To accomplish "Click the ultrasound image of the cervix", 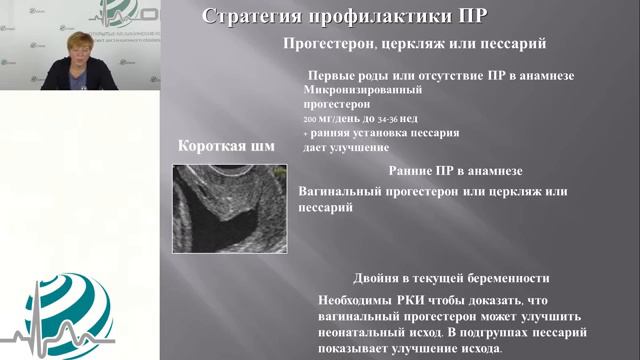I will coord(230,207).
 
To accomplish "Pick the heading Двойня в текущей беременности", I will coord(450,278).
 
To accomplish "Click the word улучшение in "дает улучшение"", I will coord(358,147).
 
